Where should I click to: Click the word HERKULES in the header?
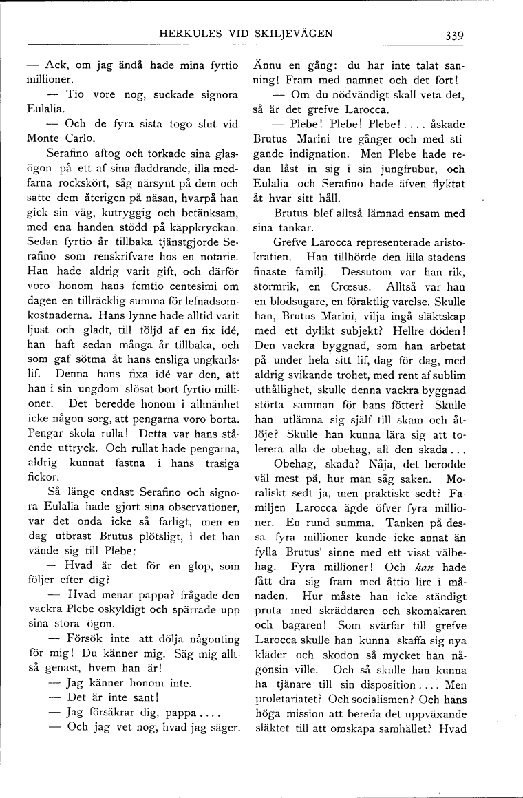189,33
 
